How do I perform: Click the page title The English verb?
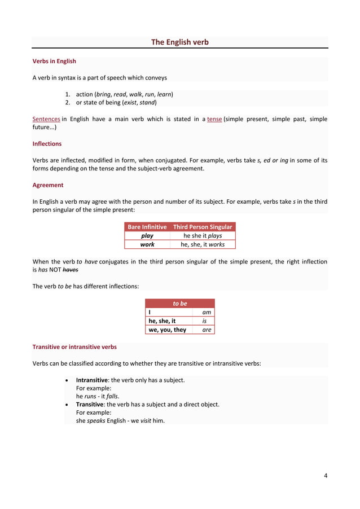[x=179, y=42]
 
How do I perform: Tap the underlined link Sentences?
[x=46, y=119]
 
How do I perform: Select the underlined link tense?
[x=214, y=119]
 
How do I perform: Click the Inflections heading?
[x=47, y=144]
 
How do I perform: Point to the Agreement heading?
[x=48, y=185]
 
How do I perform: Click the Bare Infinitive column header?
[x=147, y=227]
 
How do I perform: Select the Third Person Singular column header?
[x=203, y=227]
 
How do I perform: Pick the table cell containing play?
[x=147, y=236]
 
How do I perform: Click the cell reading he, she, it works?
[x=203, y=244]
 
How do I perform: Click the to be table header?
[x=180, y=304]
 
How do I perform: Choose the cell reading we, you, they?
[x=167, y=330]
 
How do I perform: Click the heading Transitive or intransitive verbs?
[x=74, y=346]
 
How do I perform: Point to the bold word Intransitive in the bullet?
[x=91, y=380]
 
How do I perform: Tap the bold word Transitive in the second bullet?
[x=90, y=404]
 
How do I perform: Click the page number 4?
[x=326, y=475]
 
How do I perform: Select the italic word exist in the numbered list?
[x=131, y=103]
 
